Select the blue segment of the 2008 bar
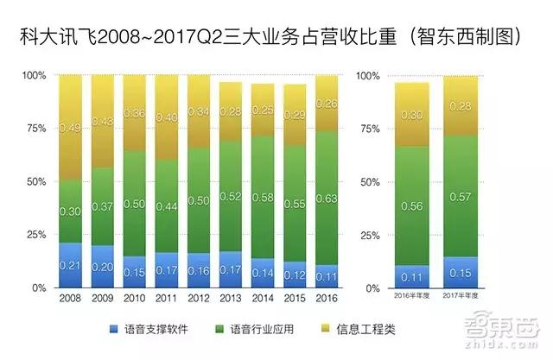70,264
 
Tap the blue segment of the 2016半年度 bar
411,276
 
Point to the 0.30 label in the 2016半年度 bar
411,115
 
